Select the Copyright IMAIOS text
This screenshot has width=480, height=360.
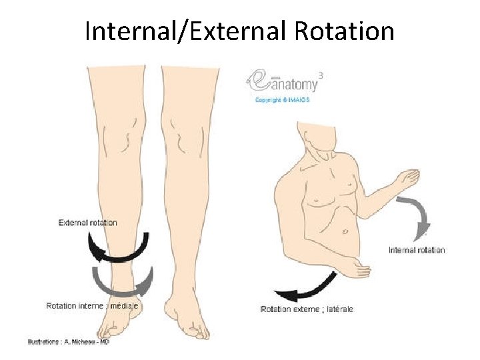click(x=283, y=100)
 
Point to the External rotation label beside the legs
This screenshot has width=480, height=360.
click(x=88, y=223)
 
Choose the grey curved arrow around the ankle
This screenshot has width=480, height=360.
click(x=120, y=283)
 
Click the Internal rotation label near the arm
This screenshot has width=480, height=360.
click(x=417, y=250)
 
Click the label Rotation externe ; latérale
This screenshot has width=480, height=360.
click(x=307, y=309)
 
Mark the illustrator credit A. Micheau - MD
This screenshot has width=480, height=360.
click(x=69, y=341)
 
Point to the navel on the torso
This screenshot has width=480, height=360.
click(x=345, y=232)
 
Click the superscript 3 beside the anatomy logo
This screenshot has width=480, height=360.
click(x=321, y=75)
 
